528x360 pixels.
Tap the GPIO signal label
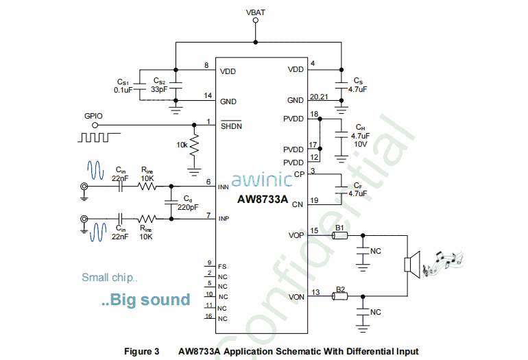coord(94,116)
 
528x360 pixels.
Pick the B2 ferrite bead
coord(339,297)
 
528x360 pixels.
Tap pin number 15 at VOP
coord(315,230)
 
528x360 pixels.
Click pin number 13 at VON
coord(315,291)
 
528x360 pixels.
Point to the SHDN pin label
coord(230,126)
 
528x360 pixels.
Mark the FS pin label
coord(221,267)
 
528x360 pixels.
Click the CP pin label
coord(298,174)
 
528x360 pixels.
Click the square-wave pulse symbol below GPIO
coord(94,136)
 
